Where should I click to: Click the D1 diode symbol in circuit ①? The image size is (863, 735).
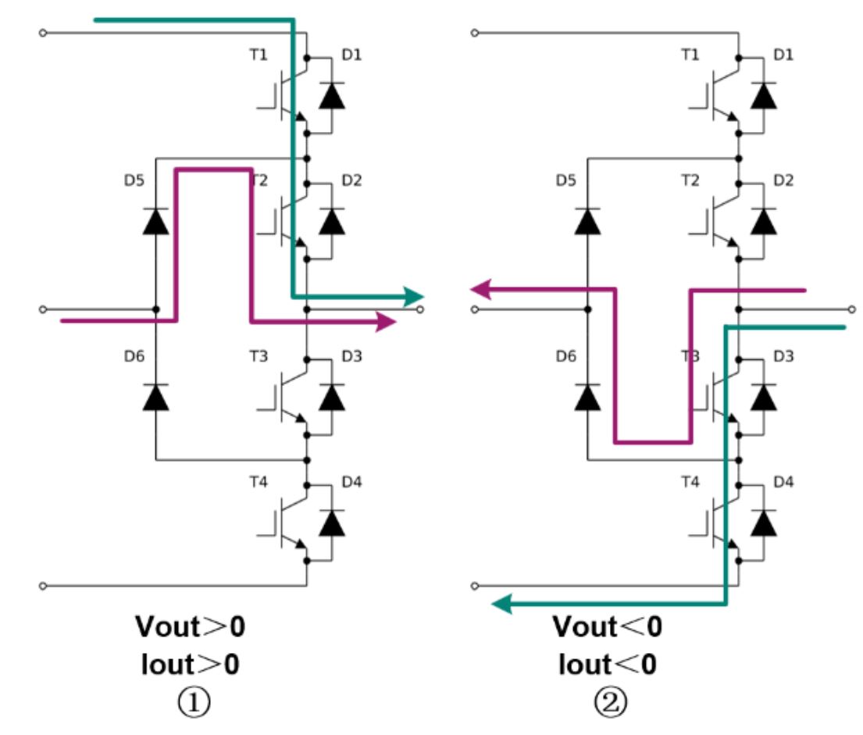pyautogui.click(x=333, y=96)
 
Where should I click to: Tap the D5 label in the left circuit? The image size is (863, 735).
pyautogui.click(x=134, y=180)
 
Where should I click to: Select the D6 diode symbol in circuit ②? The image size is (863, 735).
pyautogui.click(x=587, y=397)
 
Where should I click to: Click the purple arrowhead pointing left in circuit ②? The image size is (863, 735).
pyautogui.click(x=480, y=290)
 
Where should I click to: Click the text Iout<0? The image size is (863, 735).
pyautogui.click(x=608, y=665)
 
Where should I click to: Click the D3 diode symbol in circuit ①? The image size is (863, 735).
pyautogui.click(x=333, y=397)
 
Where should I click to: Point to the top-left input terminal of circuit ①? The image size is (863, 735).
pyautogui.click(x=43, y=33)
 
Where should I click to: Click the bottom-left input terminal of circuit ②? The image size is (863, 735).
pyautogui.click(x=474, y=585)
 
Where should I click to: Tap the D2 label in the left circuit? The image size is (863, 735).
pyautogui.click(x=351, y=180)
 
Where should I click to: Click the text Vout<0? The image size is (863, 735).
pyautogui.click(x=608, y=626)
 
